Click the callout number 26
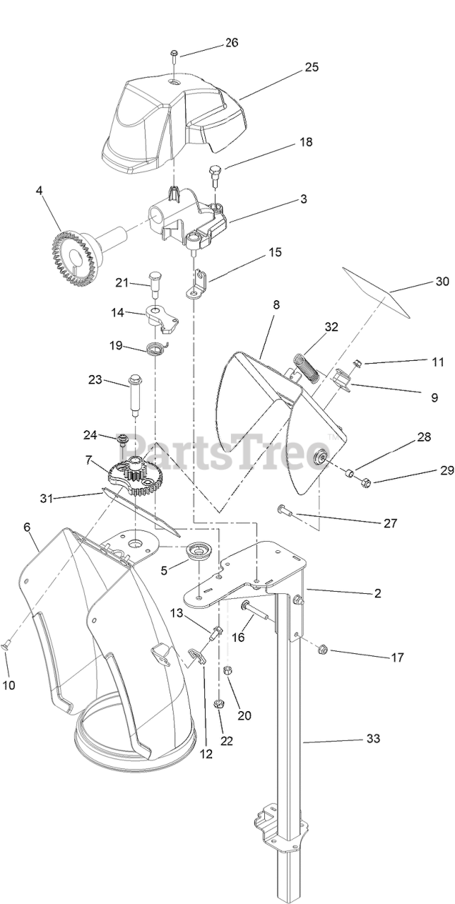pos(232,42)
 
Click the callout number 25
pos(312,67)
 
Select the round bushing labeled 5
pos(199,551)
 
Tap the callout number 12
pos(206,754)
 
